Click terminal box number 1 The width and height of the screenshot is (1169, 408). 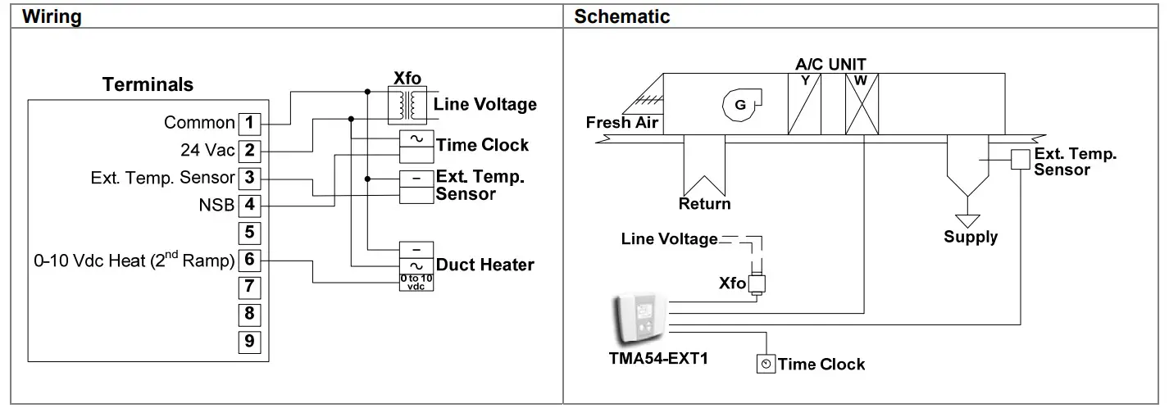[250, 124]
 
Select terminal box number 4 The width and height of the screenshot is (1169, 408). [250, 205]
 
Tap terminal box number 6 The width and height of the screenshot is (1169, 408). [250, 260]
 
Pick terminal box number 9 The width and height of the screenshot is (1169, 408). [250, 340]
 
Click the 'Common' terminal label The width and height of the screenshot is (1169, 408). [199, 123]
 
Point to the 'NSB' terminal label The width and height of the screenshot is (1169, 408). [216, 205]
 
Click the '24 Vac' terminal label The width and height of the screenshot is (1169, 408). [207, 151]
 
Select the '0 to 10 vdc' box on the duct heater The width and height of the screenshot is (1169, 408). [416, 282]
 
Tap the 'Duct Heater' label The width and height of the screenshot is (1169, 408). [484, 265]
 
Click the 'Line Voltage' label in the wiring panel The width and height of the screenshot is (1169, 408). [484, 104]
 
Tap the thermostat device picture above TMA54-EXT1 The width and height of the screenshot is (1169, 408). [640, 319]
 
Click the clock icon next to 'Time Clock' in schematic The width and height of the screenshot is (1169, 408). [766, 364]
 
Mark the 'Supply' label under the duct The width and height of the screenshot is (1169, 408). [971, 237]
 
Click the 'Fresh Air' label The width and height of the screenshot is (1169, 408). [620, 123]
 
